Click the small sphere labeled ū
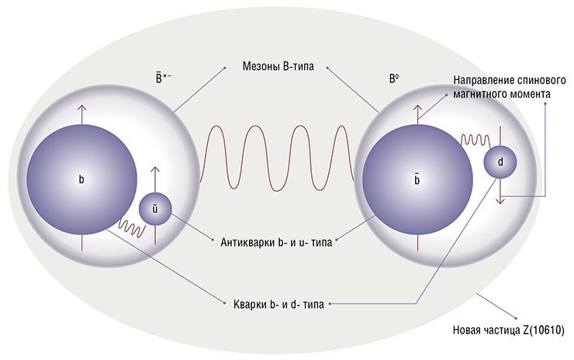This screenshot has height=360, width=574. click(x=155, y=209)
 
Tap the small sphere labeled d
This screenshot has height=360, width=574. click(x=500, y=162)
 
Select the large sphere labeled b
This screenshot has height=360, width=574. click(x=81, y=179)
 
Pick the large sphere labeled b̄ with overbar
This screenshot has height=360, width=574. click(x=417, y=180)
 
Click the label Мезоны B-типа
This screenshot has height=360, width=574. click(x=278, y=67)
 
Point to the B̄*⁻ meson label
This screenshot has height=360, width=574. click(x=164, y=78)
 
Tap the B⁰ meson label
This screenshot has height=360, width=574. click(x=393, y=79)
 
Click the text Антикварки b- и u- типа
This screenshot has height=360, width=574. click(x=276, y=242)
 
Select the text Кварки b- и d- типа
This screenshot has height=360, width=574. click(x=278, y=304)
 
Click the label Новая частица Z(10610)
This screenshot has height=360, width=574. click(x=509, y=330)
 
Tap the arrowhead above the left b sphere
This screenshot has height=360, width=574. click(x=81, y=109)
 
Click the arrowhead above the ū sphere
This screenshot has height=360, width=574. click(x=155, y=170)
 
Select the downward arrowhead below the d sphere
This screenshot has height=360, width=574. click(x=500, y=200)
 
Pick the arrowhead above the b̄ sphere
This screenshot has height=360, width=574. click(x=417, y=109)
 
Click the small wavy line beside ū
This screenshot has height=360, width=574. click(x=132, y=228)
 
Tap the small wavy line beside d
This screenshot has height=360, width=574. click(x=475, y=140)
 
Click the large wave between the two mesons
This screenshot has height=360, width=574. click(x=277, y=157)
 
